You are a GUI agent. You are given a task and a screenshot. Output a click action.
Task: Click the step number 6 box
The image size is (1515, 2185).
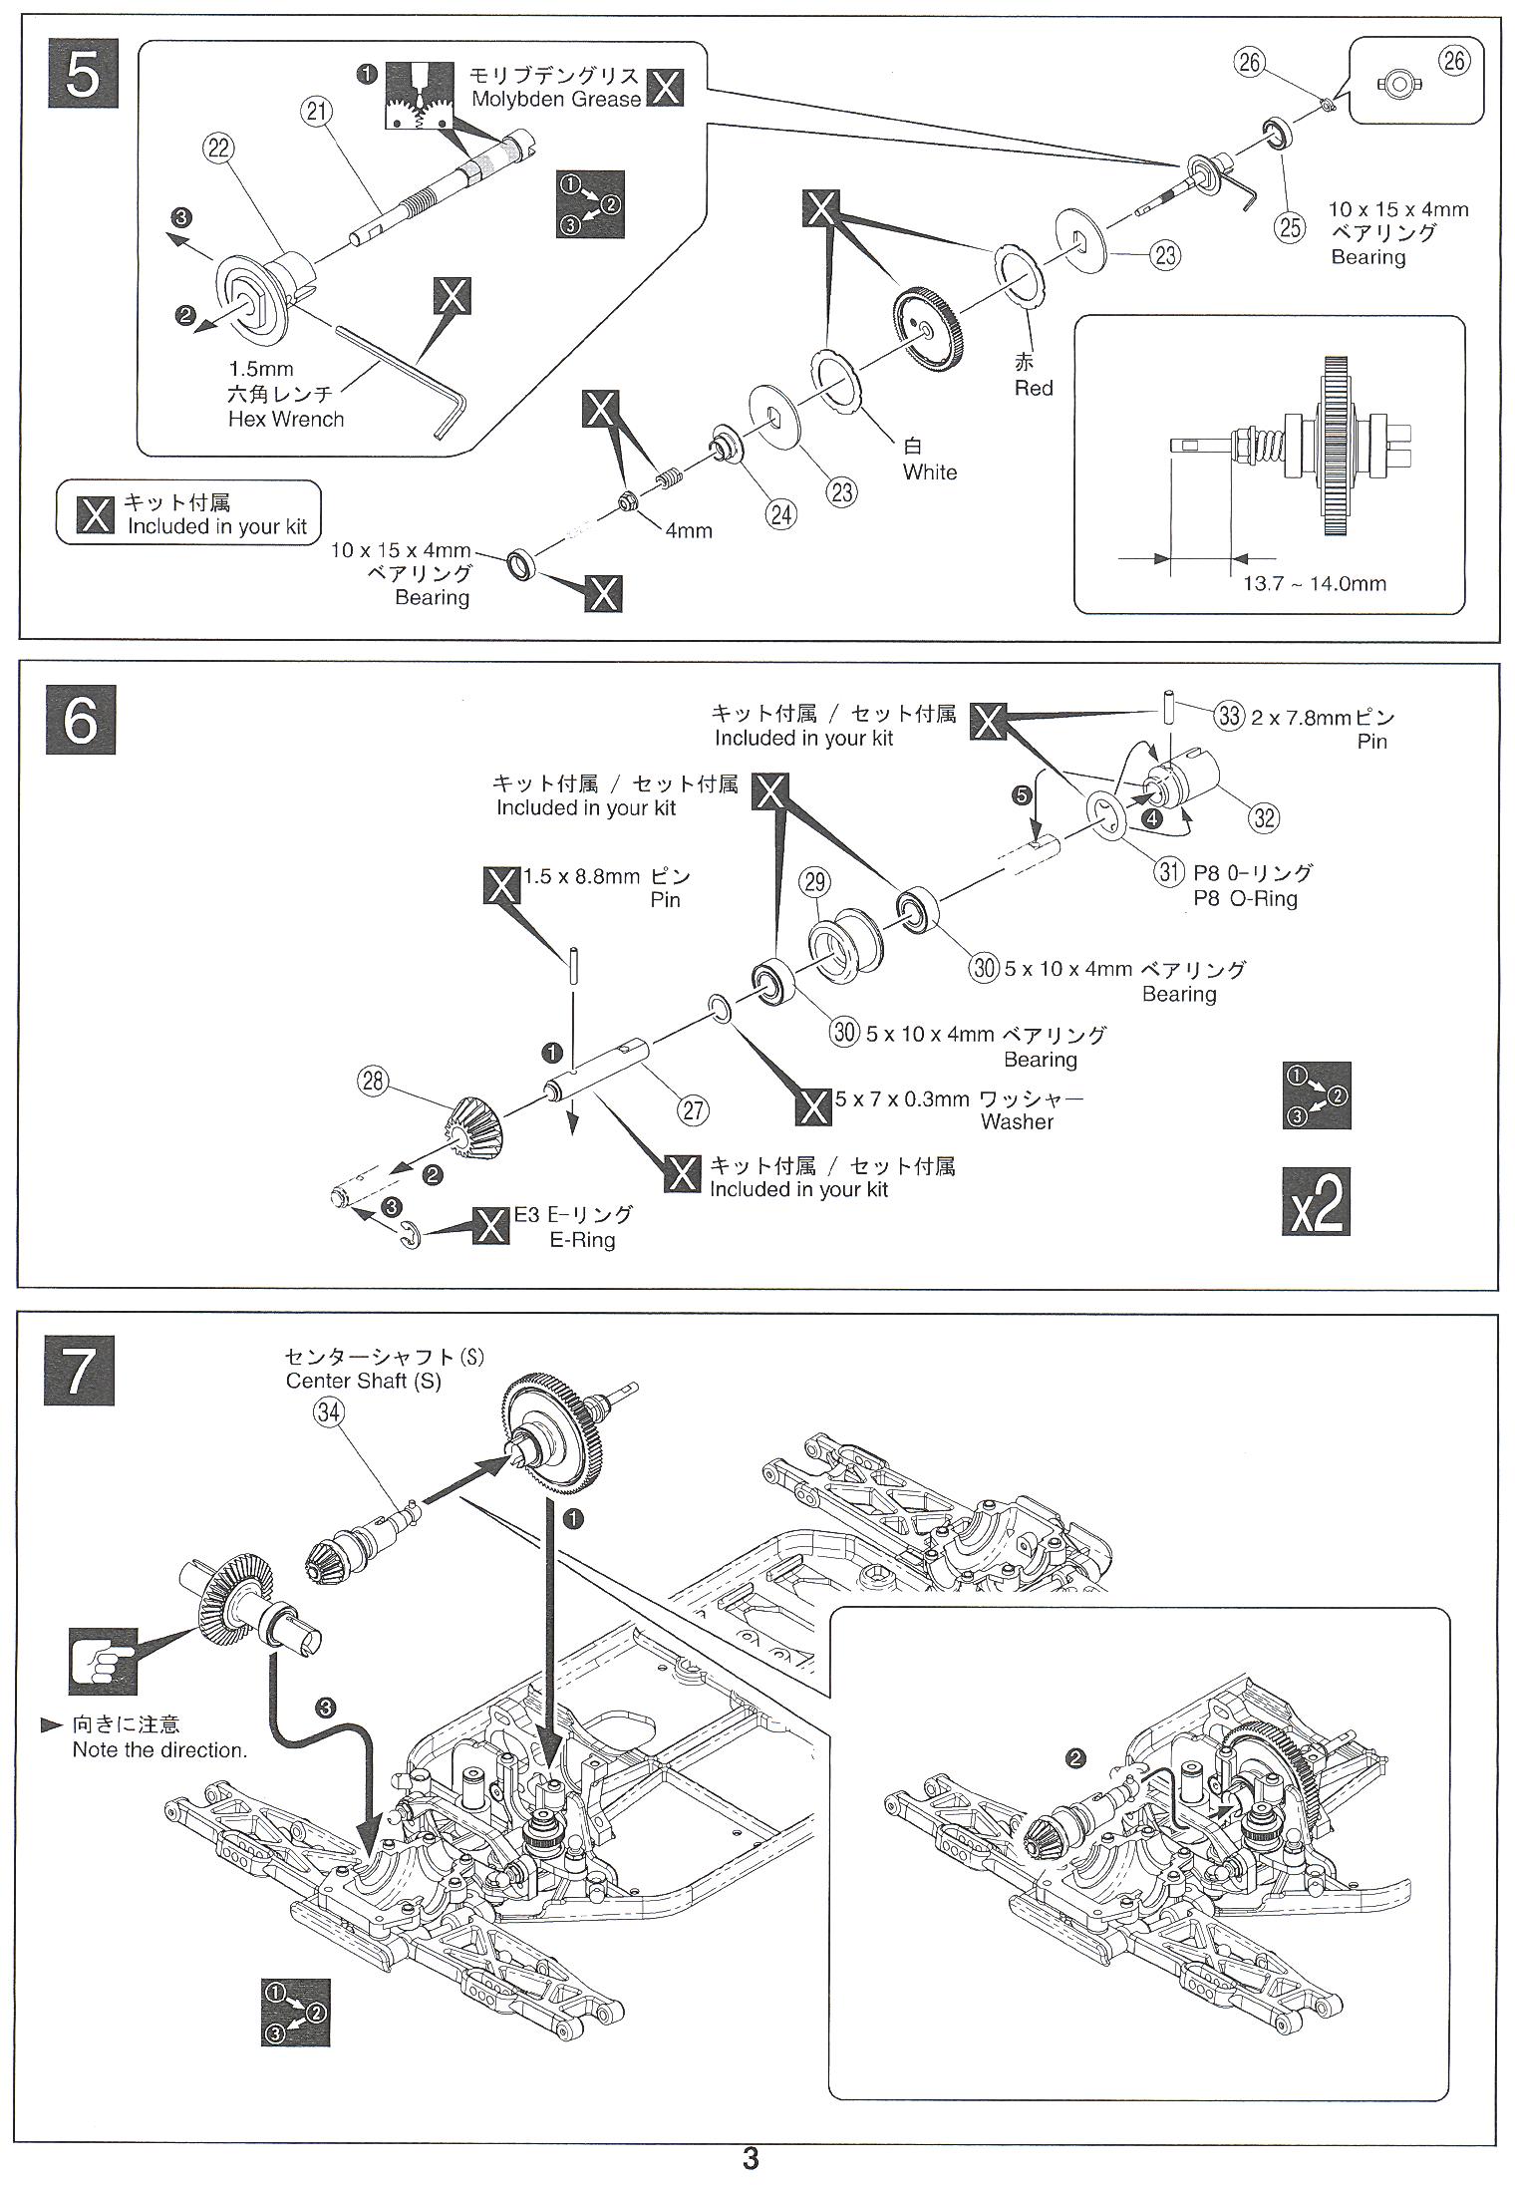click(x=81, y=719)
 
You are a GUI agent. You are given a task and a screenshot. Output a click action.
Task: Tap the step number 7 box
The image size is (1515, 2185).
click(x=80, y=1370)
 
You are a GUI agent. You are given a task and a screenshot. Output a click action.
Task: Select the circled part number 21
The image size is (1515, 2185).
click(x=318, y=113)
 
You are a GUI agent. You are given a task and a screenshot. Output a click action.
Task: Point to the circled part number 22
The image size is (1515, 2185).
click(x=218, y=149)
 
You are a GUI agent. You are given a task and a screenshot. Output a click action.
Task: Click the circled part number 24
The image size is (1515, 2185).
click(x=782, y=513)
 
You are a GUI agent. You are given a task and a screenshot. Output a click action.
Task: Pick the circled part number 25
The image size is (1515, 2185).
click(x=1290, y=227)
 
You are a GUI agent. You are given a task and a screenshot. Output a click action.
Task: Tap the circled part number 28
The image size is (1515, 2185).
click(x=373, y=1083)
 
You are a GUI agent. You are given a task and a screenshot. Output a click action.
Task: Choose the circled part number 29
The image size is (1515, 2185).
click(x=815, y=881)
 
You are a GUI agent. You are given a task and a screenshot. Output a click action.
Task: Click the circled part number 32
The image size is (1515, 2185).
click(x=1263, y=817)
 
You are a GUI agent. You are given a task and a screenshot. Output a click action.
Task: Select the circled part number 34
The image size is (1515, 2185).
click(x=328, y=1411)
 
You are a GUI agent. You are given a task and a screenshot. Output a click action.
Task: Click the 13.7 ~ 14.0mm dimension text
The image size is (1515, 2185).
click(x=1314, y=583)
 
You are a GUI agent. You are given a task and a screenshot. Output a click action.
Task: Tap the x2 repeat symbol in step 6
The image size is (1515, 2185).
click(x=1316, y=1201)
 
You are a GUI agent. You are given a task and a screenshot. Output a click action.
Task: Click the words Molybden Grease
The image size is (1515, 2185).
click(x=556, y=99)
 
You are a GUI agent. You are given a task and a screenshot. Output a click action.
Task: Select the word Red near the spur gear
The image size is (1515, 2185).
click(x=1034, y=388)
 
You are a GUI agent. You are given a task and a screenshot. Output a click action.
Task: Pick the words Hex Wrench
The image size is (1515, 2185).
click(x=285, y=420)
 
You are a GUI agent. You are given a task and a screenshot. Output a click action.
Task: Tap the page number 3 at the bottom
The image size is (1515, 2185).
click(x=751, y=2159)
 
